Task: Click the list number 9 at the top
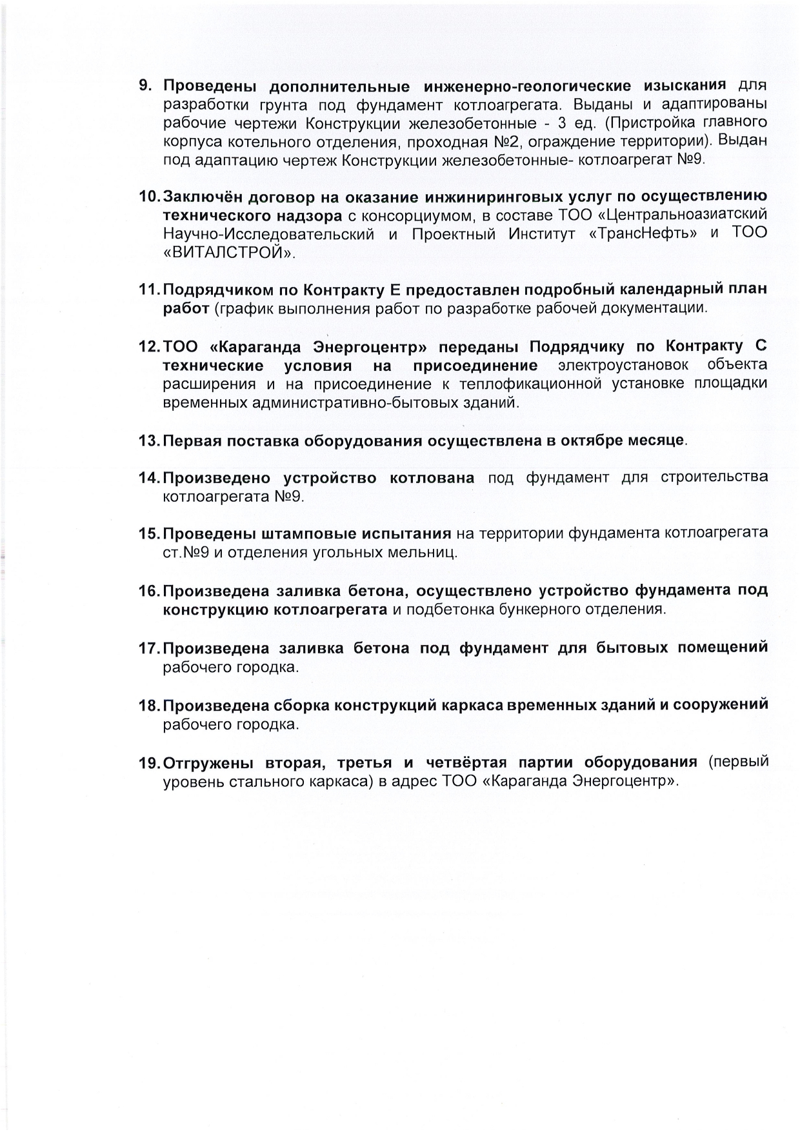click(x=145, y=86)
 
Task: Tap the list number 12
click(x=148, y=347)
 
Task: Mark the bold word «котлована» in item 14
click(x=432, y=478)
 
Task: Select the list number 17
click(x=148, y=648)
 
